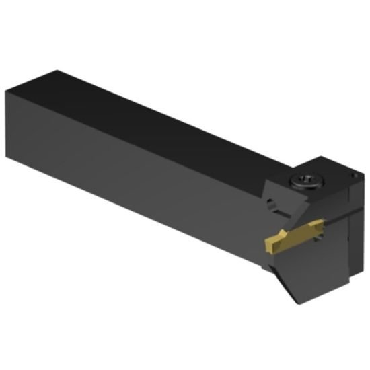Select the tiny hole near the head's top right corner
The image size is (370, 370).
(353, 174)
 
